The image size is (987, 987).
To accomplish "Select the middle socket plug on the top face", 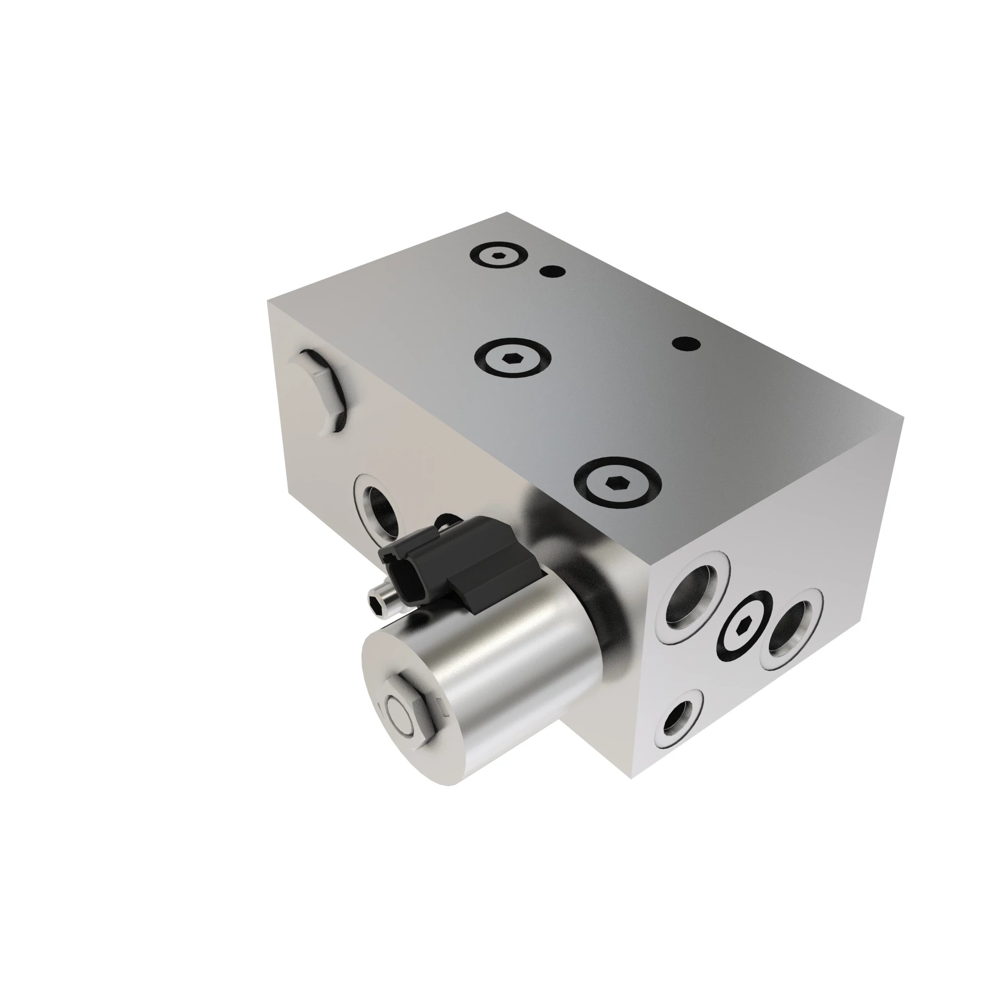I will tap(512, 359).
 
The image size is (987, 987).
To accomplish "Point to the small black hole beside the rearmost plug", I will tap(554, 271).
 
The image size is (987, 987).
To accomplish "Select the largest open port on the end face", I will tap(692, 595).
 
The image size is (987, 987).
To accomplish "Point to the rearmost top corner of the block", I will tap(507, 212).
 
